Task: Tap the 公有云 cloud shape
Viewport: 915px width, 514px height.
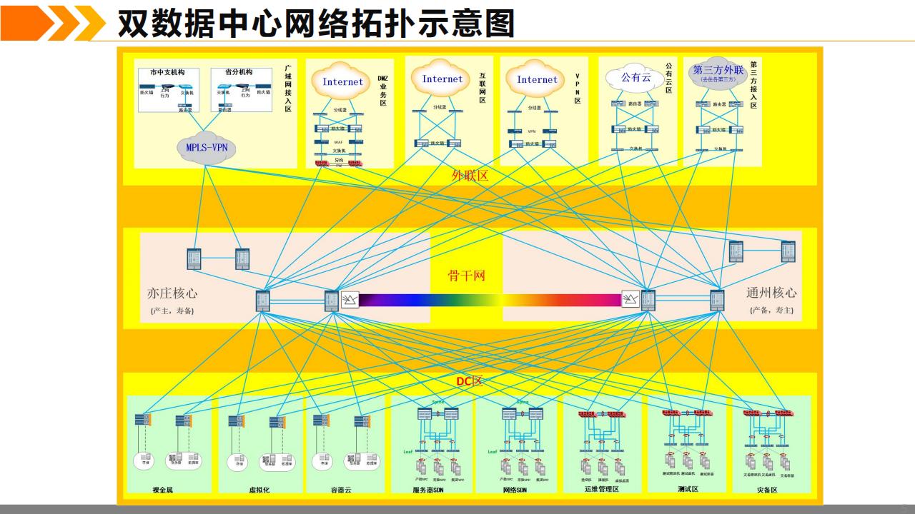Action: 635,78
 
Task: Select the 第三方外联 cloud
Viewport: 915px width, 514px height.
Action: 718,74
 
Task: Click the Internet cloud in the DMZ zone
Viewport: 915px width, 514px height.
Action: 342,82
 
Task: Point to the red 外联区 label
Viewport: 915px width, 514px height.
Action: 470,176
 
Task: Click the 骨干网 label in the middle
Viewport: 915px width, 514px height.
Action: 466,276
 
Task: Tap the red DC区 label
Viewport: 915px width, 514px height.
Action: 470,381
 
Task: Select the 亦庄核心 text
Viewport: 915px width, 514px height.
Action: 172,293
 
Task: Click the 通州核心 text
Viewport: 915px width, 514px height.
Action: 771,293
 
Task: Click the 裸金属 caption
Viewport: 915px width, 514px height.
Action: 163,490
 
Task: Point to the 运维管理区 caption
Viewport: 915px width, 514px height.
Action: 601,490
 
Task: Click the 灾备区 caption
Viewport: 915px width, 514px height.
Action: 767,490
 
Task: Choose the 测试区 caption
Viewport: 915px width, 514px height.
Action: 688,490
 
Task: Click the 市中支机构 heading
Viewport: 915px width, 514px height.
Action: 168,73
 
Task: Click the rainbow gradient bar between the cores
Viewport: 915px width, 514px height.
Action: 489,300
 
